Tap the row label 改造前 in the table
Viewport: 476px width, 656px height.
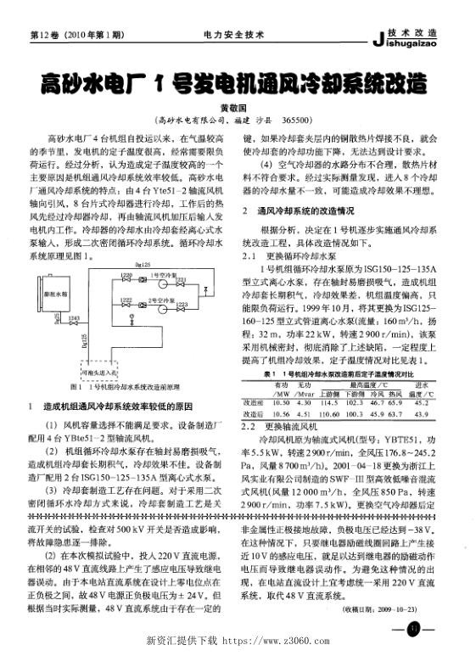[254, 378]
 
